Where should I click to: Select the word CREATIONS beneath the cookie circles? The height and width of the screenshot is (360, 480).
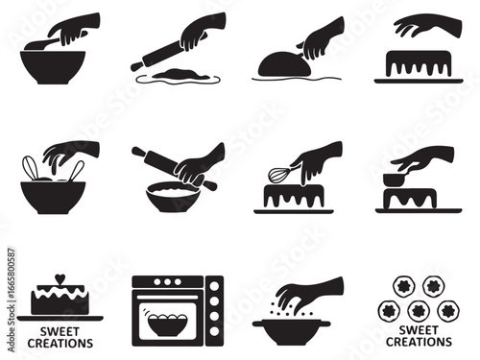(420, 341)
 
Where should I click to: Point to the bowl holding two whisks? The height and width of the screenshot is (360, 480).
(52, 196)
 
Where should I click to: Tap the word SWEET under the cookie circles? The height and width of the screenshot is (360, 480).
(420, 330)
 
